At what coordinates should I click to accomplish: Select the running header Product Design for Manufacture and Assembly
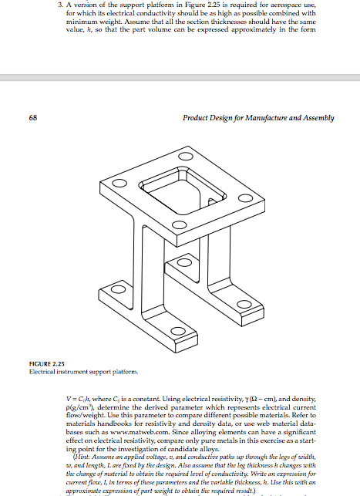coord(258,118)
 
